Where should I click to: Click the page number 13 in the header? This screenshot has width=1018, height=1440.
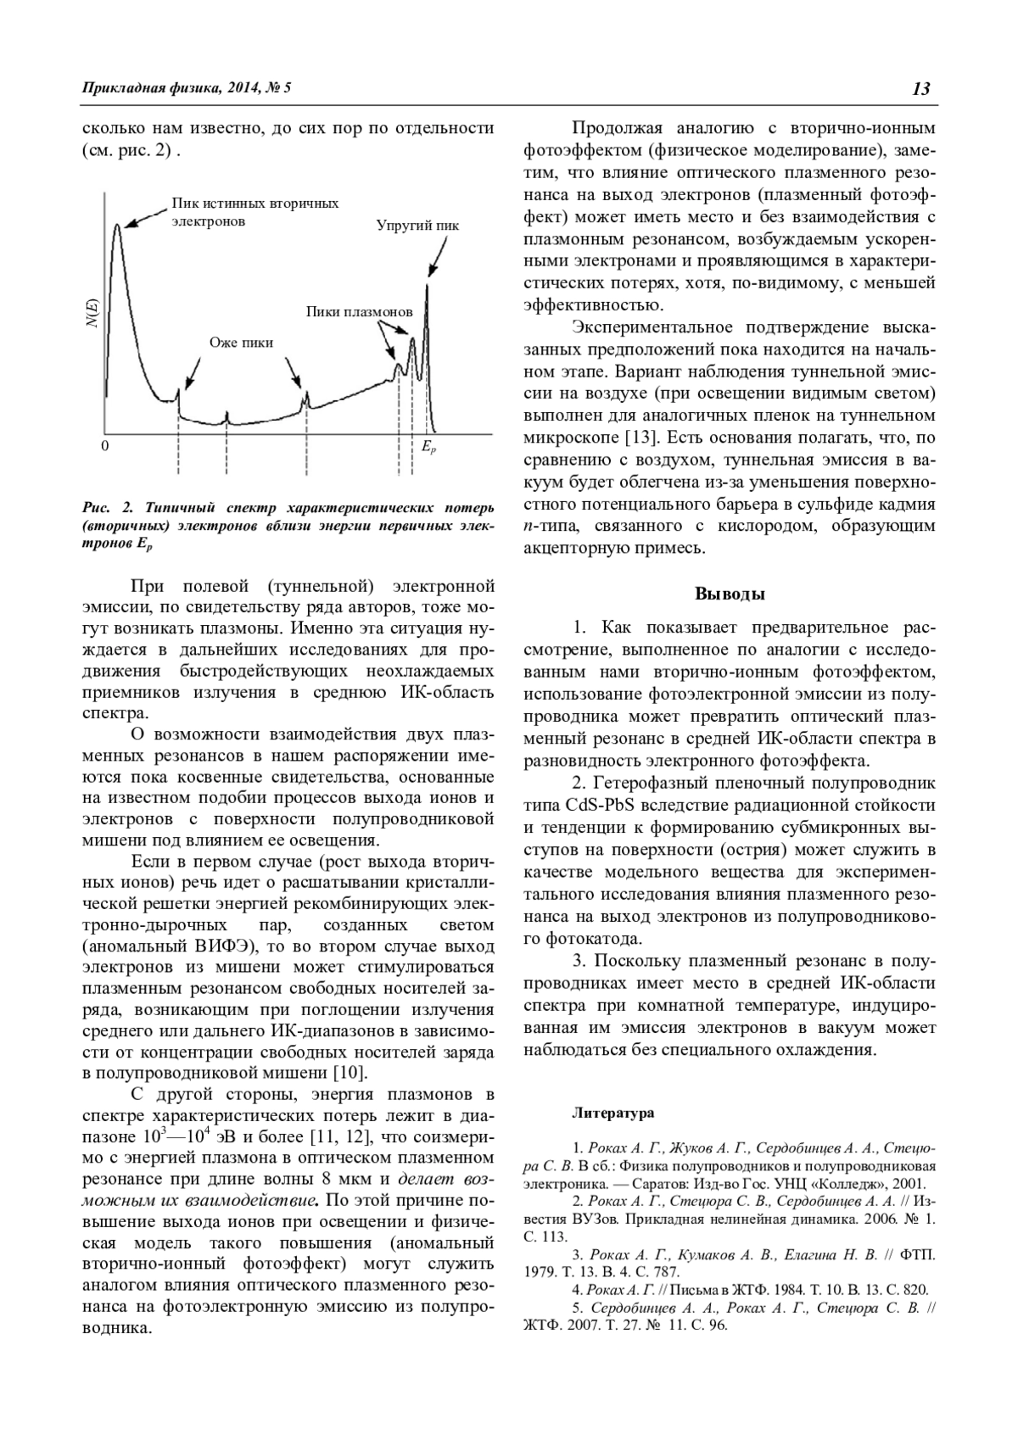click(x=922, y=89)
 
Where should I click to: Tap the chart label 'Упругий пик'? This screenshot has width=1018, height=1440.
click(x=417, y=226)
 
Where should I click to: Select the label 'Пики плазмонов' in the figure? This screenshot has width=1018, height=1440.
click(x=359, y=312)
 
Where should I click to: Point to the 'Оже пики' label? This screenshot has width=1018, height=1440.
click(x=242, y=343)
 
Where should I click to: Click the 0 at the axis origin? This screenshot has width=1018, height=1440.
click(x=104, y=446)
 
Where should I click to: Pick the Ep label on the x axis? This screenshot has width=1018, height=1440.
click(x=428, y=447)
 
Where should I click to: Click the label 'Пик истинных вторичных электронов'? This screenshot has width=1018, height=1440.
click(x=255, y=212)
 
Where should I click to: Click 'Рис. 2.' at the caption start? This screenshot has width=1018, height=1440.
click(x=109, y=509)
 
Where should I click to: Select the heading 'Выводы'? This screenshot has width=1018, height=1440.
click(x=730, y=594)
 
